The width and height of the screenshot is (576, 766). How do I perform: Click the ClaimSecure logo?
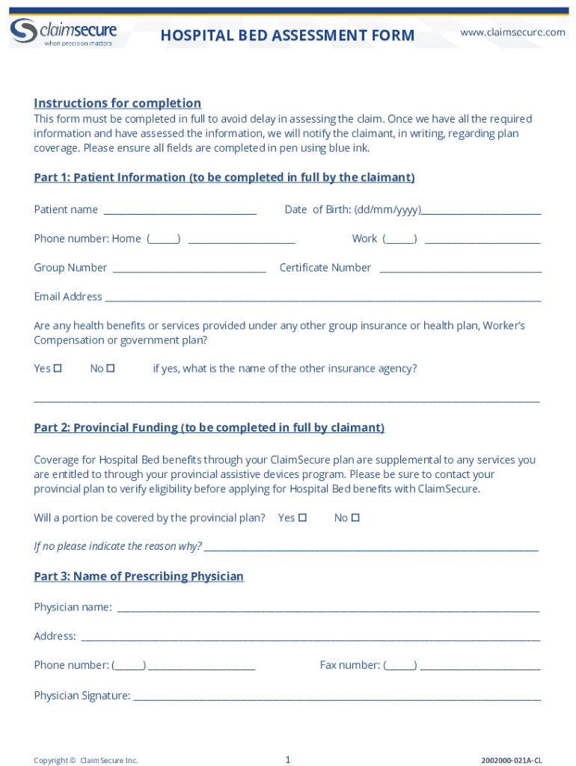point(63,31)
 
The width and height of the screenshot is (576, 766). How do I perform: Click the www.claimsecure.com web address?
point(512,32)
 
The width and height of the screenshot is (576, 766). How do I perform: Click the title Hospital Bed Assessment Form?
point(287,35)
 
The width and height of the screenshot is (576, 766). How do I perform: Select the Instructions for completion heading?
point(117,103)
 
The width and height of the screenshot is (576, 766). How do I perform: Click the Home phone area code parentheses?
point(163,239)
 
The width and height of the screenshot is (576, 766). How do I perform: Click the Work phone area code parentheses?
point(399,239)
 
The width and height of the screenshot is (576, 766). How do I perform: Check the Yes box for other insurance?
point(58,369)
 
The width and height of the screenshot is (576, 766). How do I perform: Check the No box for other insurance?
point(111,369)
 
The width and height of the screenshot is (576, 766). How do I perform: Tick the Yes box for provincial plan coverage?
point(302,518)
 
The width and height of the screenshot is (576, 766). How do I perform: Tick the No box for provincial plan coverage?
point(355,518)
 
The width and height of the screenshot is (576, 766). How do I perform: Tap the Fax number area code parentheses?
point(400,666)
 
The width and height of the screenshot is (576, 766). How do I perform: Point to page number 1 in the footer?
point(287,760)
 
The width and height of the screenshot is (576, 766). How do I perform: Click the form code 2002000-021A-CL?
point(512,761)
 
